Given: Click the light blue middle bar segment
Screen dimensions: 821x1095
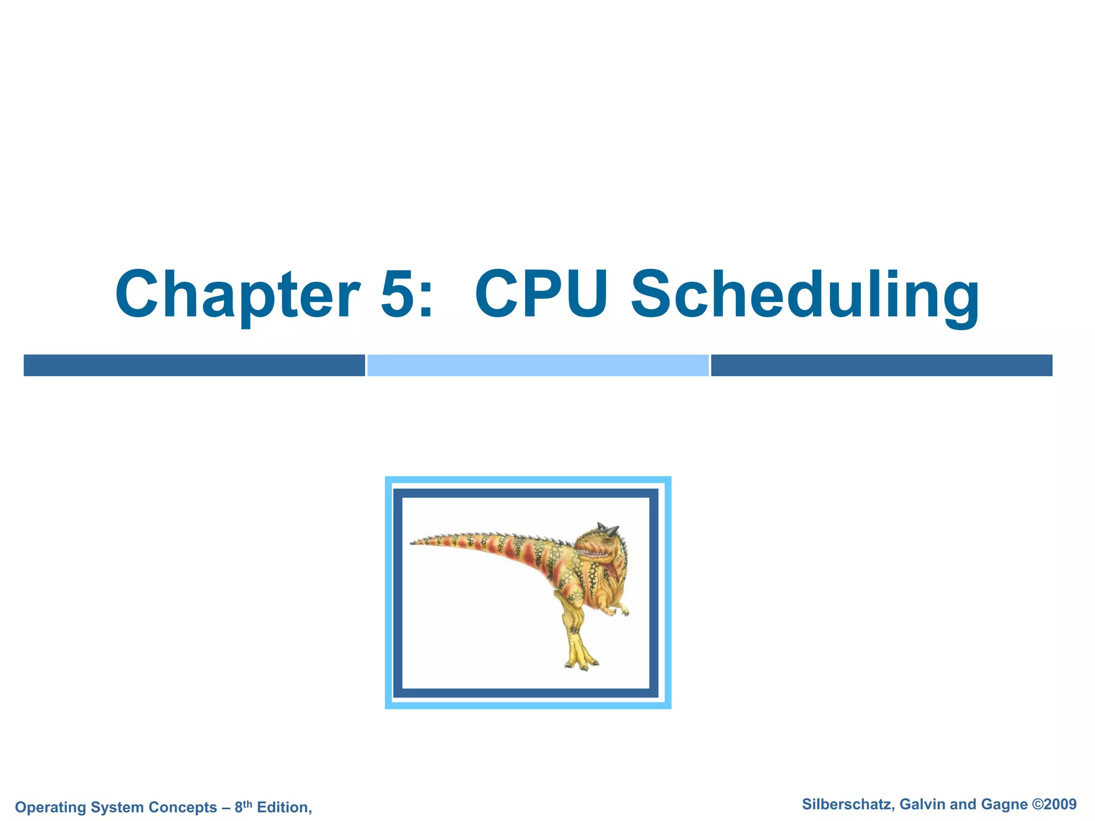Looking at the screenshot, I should click(538, 365).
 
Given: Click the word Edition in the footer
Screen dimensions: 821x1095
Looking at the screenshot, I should click(283, 807).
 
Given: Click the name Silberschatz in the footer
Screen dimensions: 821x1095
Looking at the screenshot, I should click(847, 804).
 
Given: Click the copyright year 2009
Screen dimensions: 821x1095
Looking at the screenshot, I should click(1061, 804).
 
